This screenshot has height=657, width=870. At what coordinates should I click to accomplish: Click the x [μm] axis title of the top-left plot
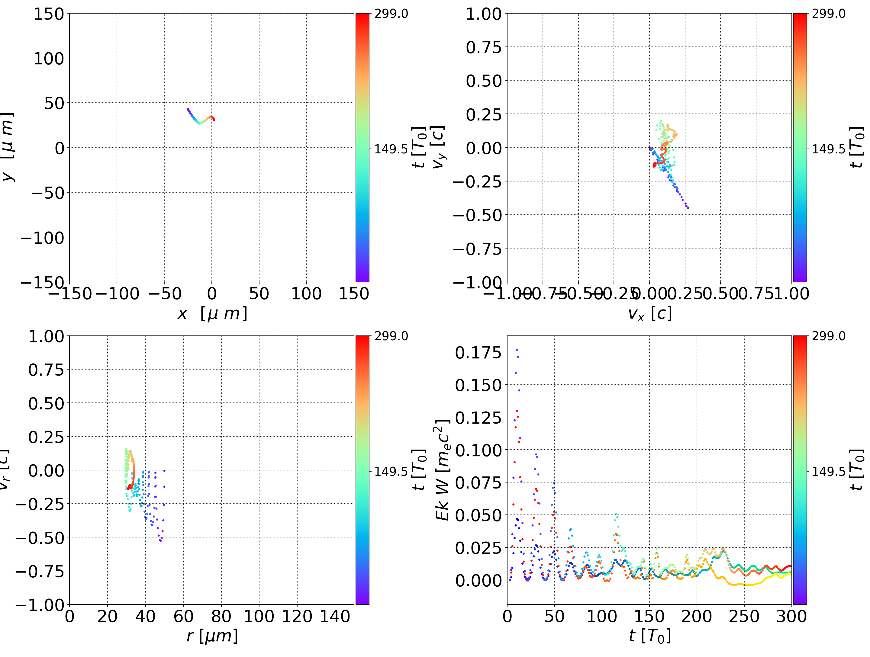pos(212,314)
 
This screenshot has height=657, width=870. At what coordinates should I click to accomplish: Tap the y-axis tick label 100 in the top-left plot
pos(48,59)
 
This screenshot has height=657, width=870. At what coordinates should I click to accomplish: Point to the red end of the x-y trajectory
pos(214,120)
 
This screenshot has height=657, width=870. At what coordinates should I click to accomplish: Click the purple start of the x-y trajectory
pos(188,109)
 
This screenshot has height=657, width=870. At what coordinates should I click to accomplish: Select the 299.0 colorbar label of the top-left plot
pos(391,14)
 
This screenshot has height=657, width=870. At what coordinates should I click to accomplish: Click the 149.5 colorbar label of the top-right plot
pos(828,149)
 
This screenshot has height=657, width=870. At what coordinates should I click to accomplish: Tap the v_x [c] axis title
pos(649,314)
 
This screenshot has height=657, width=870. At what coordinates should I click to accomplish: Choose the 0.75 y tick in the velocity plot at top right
pos(484,48)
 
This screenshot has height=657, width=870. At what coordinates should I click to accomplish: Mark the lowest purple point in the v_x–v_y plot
pos(688,208)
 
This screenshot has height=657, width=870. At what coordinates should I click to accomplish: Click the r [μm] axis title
pos(212,636)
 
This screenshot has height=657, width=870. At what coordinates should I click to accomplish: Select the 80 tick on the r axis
pos(221,616)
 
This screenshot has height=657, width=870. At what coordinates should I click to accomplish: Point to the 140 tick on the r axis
pos(335,616)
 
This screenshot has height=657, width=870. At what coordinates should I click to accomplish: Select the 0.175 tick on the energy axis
pos(478,353)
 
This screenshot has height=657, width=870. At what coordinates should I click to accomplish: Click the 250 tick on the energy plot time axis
pos(744,616)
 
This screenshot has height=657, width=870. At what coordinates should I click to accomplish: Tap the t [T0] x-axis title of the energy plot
pos(649,636)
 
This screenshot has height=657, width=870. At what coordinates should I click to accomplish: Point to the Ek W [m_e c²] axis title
pos(443,470)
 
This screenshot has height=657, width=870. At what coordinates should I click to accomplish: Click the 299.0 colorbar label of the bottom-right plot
pos(828,336)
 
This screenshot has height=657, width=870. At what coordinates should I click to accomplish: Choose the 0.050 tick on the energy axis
pos(478,515)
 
